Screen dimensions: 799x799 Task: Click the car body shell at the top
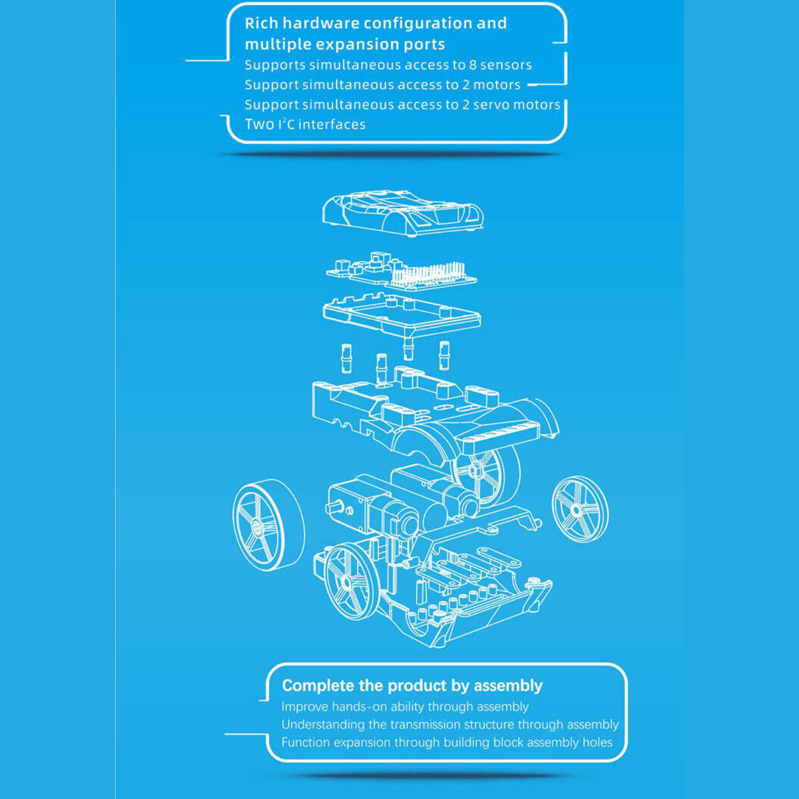pos(403,213)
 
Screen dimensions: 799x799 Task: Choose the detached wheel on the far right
pos(580,509)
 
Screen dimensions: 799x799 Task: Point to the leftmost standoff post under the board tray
pos(346,358)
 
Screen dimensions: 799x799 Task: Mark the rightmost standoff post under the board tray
pos(444,356)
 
